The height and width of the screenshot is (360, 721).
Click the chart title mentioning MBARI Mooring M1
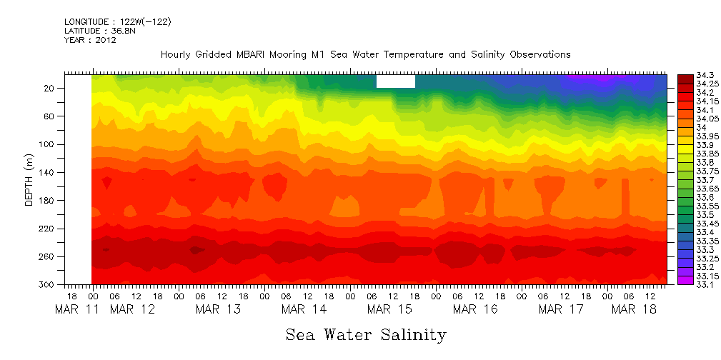(365, 54)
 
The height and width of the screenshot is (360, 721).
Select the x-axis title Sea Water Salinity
(366, 334)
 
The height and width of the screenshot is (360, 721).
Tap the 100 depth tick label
(48, 144)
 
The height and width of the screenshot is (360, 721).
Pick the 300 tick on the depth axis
(48, 284)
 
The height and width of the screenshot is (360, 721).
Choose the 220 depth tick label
(48, 229)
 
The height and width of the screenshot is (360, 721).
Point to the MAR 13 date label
(218, 309)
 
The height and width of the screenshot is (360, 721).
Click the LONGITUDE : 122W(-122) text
(117, 22)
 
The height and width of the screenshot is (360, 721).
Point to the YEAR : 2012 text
(90, 41)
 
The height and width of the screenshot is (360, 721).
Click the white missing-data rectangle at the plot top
(395, 81)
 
